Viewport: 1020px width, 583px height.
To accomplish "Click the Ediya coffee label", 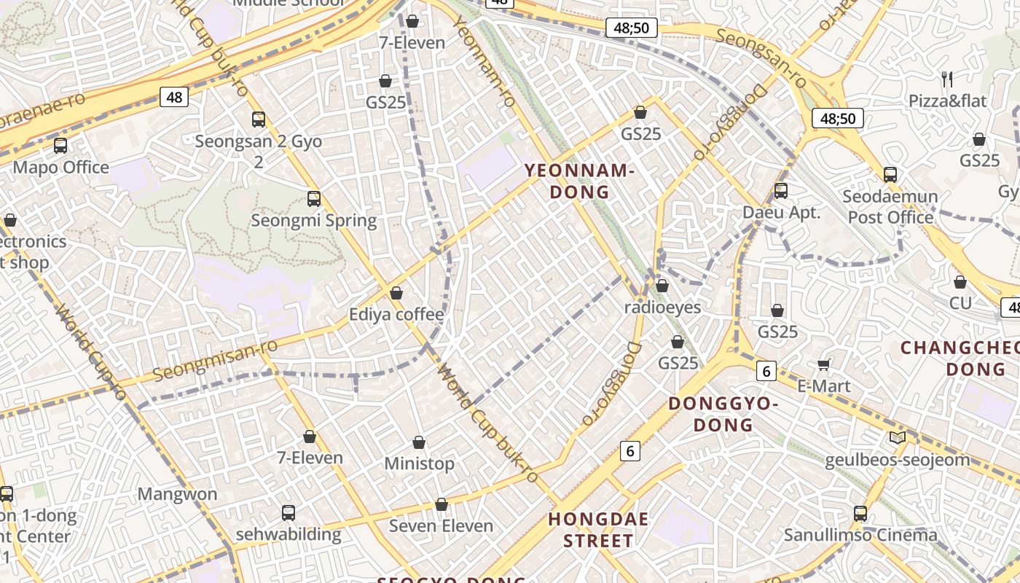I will [x=396, y=315].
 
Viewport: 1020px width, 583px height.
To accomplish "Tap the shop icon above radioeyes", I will [x=662, y=286].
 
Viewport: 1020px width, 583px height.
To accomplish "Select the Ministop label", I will [x=419, y=463].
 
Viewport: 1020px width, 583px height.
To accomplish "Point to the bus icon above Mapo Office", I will [x=60, y=146].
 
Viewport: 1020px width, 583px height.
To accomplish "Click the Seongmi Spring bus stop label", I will [x=313, y=220].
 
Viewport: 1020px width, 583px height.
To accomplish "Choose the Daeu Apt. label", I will [x=781, y=213].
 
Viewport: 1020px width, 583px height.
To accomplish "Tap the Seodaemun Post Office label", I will [x=890, y=207].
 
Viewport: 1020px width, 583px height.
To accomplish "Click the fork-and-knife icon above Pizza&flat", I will [x=947, y=79].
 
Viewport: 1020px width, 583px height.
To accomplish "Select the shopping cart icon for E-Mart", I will [x=824, y=364].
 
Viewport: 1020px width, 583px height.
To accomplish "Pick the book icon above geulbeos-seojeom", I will [x=898, y=438].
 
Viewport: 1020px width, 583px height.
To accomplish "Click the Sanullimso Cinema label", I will [x=860, y=535].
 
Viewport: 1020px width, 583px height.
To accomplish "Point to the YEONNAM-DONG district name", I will [x=579, y=181].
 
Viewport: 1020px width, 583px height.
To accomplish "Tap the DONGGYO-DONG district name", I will [x=723, y=414].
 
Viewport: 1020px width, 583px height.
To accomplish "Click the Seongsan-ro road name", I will [x=761, y=58].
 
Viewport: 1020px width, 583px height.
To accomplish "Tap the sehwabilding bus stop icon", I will [x=289, y=512].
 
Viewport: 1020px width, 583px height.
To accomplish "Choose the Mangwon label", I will [x=178, y=494].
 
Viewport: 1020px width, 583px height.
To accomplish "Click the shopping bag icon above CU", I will [x=960, y=281].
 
